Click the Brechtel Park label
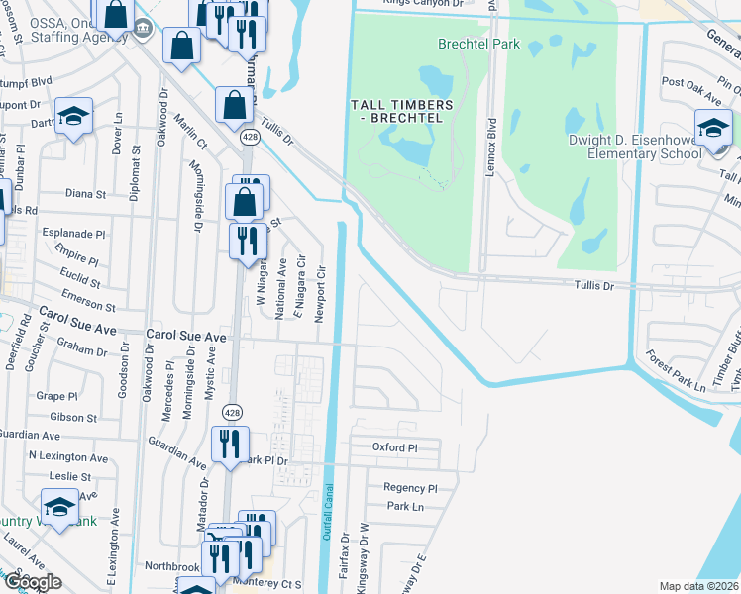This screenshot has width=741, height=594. click(x=478, y=45)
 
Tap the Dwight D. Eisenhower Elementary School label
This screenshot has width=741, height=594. click(x=634, y=148)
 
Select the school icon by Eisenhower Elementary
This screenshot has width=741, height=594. click(x=712, y=128)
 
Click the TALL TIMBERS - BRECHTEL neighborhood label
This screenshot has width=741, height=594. click(x=401, y=111)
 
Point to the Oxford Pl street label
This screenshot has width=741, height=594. click(x=396, y=447)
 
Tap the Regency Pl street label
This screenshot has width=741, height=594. click(x=410, y=488)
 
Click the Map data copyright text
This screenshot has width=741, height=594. click(x=699, y=586)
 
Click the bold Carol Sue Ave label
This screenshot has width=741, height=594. click(x=186, y=338)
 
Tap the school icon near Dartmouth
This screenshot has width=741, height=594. click(x=74, y=116)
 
